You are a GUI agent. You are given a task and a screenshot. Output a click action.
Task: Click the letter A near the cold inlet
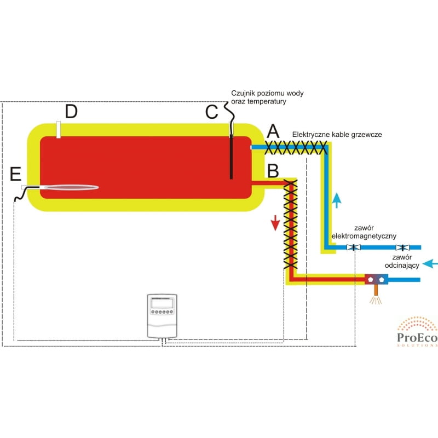point(273,131)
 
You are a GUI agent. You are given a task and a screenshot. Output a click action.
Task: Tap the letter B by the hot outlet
point(273,170)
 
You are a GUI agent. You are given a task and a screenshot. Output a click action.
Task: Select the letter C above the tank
point(211,112)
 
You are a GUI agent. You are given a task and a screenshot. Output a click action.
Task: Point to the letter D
point(71,111)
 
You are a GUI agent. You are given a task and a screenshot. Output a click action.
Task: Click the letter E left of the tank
point(16,174)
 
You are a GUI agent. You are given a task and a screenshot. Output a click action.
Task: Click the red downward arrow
point(275,223)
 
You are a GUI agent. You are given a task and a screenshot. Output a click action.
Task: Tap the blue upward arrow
point(337,200)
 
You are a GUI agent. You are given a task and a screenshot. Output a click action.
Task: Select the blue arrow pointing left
point(430,263)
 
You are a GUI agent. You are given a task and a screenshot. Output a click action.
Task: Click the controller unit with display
point(162,316)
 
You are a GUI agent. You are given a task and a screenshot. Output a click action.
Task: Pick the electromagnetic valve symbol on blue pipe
point(353,247)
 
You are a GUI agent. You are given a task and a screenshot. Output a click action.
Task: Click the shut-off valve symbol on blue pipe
point(402,247)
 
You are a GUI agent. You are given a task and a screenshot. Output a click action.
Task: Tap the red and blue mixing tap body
point(376,279)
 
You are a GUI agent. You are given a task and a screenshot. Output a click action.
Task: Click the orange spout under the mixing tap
point(376,290)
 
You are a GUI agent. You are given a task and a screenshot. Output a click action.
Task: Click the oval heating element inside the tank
point(70,187)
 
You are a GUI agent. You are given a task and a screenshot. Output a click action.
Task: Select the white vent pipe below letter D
point(59,130)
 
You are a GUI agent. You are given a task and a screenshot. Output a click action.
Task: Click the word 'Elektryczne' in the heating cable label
point(310,135)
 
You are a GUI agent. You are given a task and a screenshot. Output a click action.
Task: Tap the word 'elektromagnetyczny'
point(364,236)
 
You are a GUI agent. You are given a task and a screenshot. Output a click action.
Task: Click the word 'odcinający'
point(402,266)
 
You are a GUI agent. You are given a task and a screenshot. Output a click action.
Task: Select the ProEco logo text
point(417,338)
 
